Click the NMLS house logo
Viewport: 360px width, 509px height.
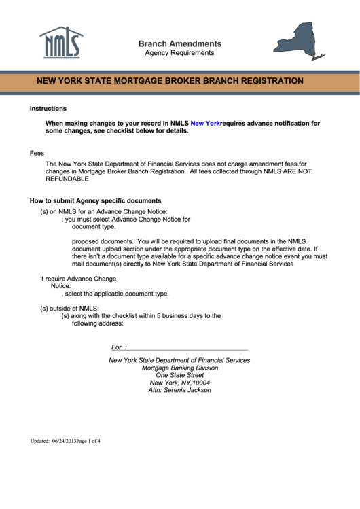pyautogui.click(x=61, y=43)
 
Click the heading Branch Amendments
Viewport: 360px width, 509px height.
pyautogui.click(x=179, y=43)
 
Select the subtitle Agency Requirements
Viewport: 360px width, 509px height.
pyautogui.click(x=179, y=53)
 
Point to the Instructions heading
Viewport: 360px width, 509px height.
pyautogui.click(x=48, y=109)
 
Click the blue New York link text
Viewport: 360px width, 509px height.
pyautogui.click(x=205, y=124)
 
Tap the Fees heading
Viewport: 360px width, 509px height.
pyautogui.click(x=37, y=154)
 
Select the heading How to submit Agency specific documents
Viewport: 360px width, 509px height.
pyautogui.click(x=95, y=201)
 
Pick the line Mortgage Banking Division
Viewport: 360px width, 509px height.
pyautogui.click(x=180, y=368)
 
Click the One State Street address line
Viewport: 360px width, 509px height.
pyautogui.click(x=180, y=376)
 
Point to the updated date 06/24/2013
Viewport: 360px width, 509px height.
pyautogui.click(x=64, y=441)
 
